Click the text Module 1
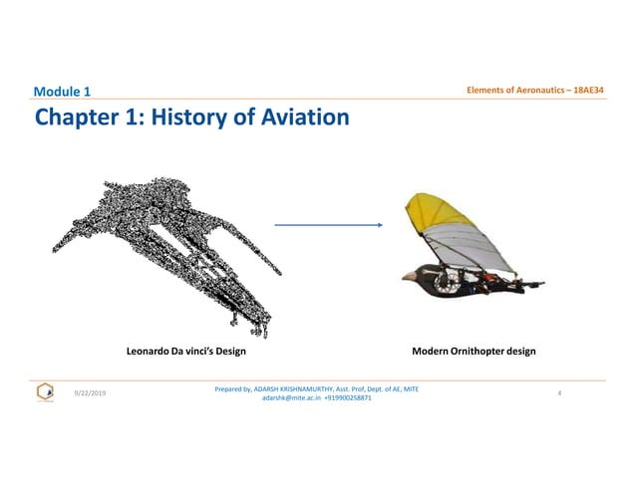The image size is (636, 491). (x=61, y=93)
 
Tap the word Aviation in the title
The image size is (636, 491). (x=299, y=120)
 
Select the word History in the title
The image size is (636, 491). (x=192, y=120)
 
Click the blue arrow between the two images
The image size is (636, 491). (x=329, y=225)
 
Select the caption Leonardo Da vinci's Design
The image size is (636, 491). (x=185, y=352)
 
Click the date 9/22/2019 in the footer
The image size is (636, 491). (x=93, y=393)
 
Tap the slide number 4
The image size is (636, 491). (x=560, y=393)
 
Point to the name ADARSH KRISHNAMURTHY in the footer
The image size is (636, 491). (x=293, y=387)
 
